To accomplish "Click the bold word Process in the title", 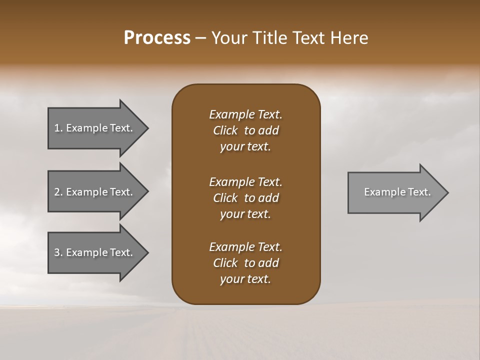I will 157,38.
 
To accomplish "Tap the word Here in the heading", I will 348,38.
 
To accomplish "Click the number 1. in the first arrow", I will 58,128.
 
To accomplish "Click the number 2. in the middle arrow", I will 58,192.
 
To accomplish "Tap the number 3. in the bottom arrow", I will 58,252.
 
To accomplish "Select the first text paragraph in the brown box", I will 245,130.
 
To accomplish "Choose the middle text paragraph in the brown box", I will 245,198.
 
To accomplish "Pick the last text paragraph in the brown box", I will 245,263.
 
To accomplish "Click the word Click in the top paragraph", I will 225,130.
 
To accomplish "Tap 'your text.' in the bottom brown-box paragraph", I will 245,279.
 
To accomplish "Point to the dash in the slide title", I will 200,38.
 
